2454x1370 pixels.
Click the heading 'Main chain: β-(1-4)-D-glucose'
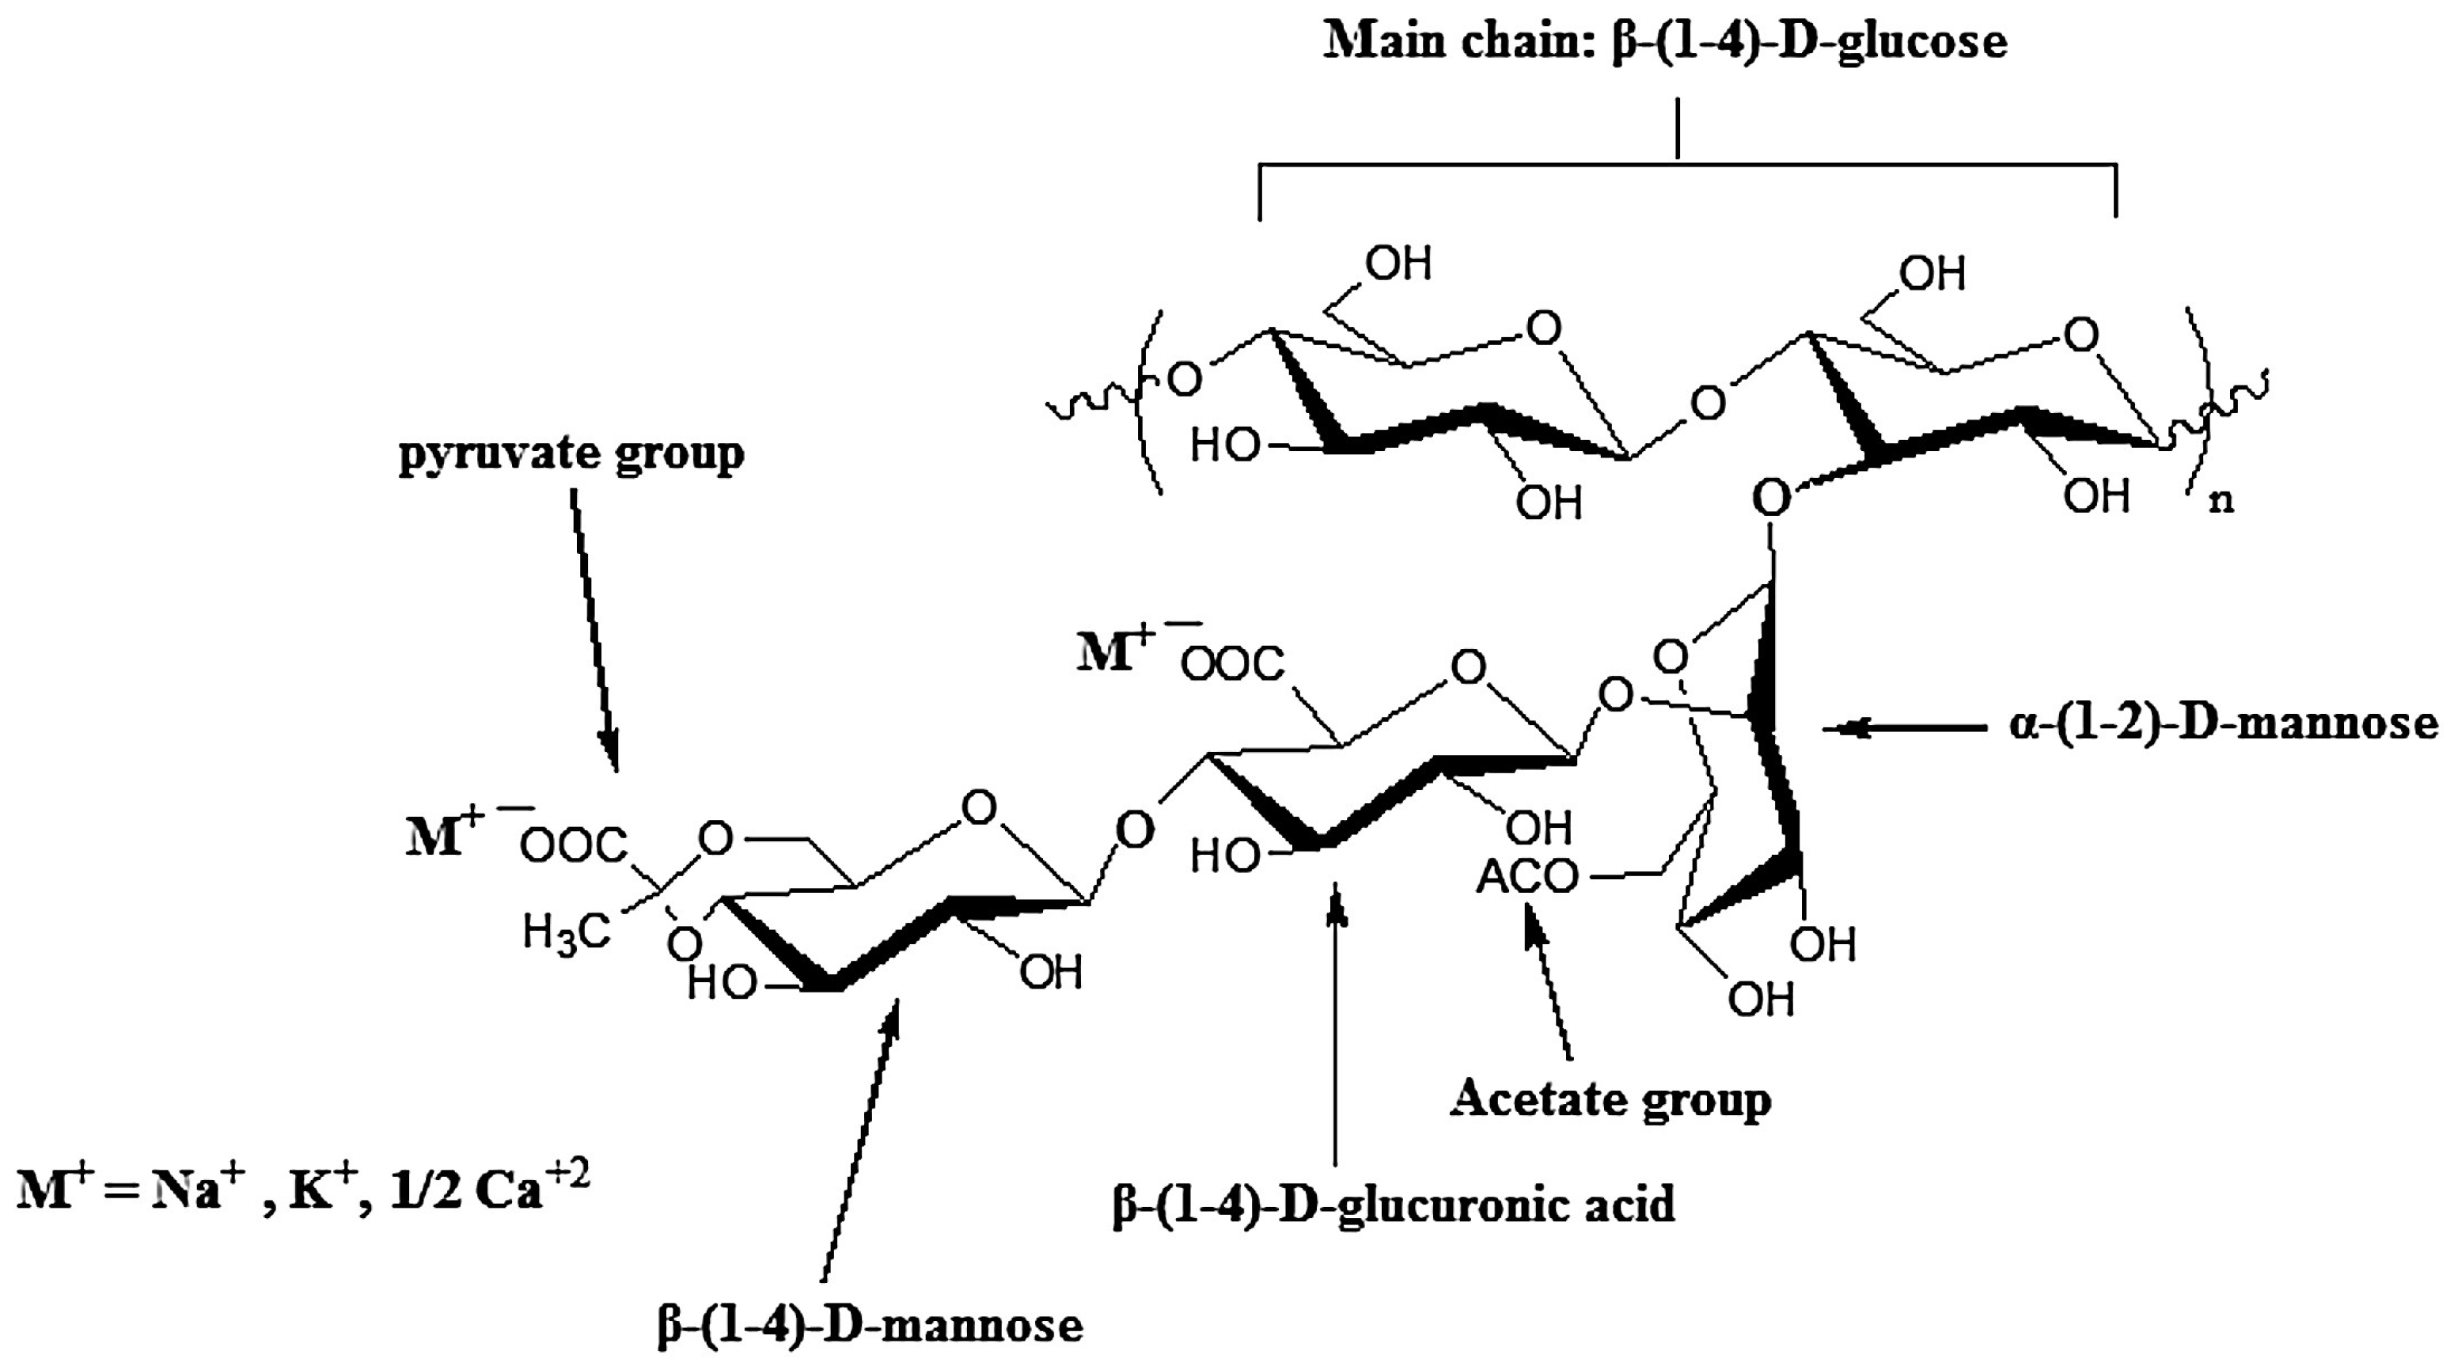point(1665,42)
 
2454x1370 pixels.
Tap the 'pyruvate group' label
point(571,454)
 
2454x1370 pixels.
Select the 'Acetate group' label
point(1610,1099)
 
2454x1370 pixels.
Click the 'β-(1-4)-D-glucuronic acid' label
point(1393,1205)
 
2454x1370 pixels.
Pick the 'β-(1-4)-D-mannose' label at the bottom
point(870,1325)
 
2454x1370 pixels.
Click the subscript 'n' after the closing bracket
point(2221,501)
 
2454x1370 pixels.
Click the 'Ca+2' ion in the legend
point(533,1188)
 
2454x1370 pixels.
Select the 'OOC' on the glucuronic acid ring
point(1233,664)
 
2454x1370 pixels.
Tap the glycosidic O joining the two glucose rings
point(1707,403)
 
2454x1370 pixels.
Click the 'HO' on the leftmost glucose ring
point(1224,445)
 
